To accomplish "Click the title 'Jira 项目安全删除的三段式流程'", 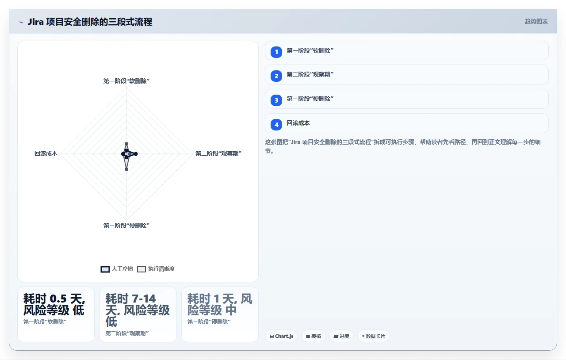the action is click(x=90, y=22).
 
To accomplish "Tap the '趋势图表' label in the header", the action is click(x=536, y=22).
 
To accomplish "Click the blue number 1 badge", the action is click(x=276, y=52).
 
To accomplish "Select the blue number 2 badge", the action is click(x=276, y=76).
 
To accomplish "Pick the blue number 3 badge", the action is click(x=276, y=100).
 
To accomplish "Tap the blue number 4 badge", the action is click(x=276, y=125).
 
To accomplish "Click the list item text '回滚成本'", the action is click(x=298, y=123).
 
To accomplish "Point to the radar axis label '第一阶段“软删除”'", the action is click(x=126, y=81).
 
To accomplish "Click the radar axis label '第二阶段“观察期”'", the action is click(x=218, y=153).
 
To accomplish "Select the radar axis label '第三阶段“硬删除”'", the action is click(x=126, y=226).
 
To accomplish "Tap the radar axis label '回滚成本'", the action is click(x=46, y=153).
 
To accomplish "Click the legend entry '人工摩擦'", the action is click(x=117, y=269).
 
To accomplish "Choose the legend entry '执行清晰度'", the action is click(x=156, y=269).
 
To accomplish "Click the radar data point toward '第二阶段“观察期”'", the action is click(x=136, y=154).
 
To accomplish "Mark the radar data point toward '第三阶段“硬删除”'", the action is click(x=126, y=169).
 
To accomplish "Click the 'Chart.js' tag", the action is click(x=281, y=336).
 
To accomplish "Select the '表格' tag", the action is click(x=314, y=336).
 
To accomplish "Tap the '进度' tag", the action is click(x=341, y=336).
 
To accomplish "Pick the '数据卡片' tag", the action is click(x=374, y=336).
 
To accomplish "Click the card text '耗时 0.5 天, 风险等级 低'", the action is click(x=54, y=304).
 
